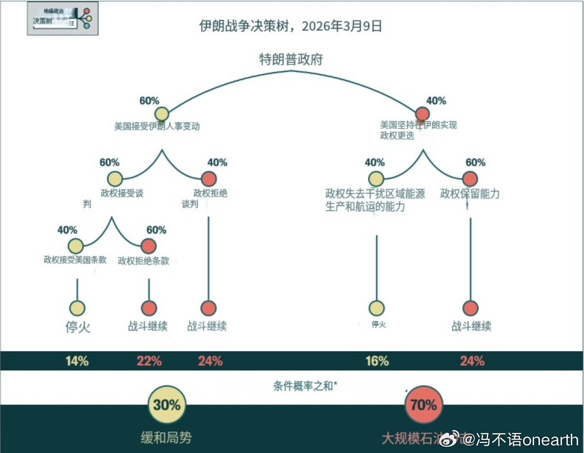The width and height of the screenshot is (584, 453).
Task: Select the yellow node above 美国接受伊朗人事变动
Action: [162, 114]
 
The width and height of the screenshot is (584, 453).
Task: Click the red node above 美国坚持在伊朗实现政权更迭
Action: [423, 113]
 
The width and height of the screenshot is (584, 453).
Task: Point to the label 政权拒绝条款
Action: [144, 261]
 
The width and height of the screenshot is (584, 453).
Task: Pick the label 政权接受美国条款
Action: [75, 260]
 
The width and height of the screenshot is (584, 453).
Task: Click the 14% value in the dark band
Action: [77, 361]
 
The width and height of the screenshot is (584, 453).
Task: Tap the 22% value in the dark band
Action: [149, 361]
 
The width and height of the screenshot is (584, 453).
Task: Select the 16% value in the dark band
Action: [377, 361]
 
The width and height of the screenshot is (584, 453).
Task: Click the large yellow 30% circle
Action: [167, 405]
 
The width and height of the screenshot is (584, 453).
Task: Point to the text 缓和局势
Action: [166, 437]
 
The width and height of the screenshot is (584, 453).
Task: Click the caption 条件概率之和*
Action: [305, 386]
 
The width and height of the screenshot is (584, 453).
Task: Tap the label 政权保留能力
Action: [470, 194]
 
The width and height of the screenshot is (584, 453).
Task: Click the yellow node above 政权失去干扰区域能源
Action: [376, 179]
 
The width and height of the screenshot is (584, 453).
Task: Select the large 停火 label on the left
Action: [78, 326]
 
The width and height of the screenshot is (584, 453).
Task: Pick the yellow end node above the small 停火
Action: [377, 308]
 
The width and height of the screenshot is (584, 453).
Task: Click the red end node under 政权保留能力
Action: [471, 308]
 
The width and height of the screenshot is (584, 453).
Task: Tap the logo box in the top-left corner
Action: [63, 18]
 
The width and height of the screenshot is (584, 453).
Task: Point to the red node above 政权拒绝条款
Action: [149, 246]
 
